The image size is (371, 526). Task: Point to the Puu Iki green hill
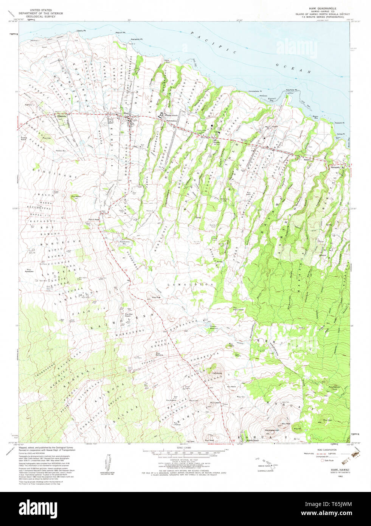tap(297, 428)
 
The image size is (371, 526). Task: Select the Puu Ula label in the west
tap(47, 139)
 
